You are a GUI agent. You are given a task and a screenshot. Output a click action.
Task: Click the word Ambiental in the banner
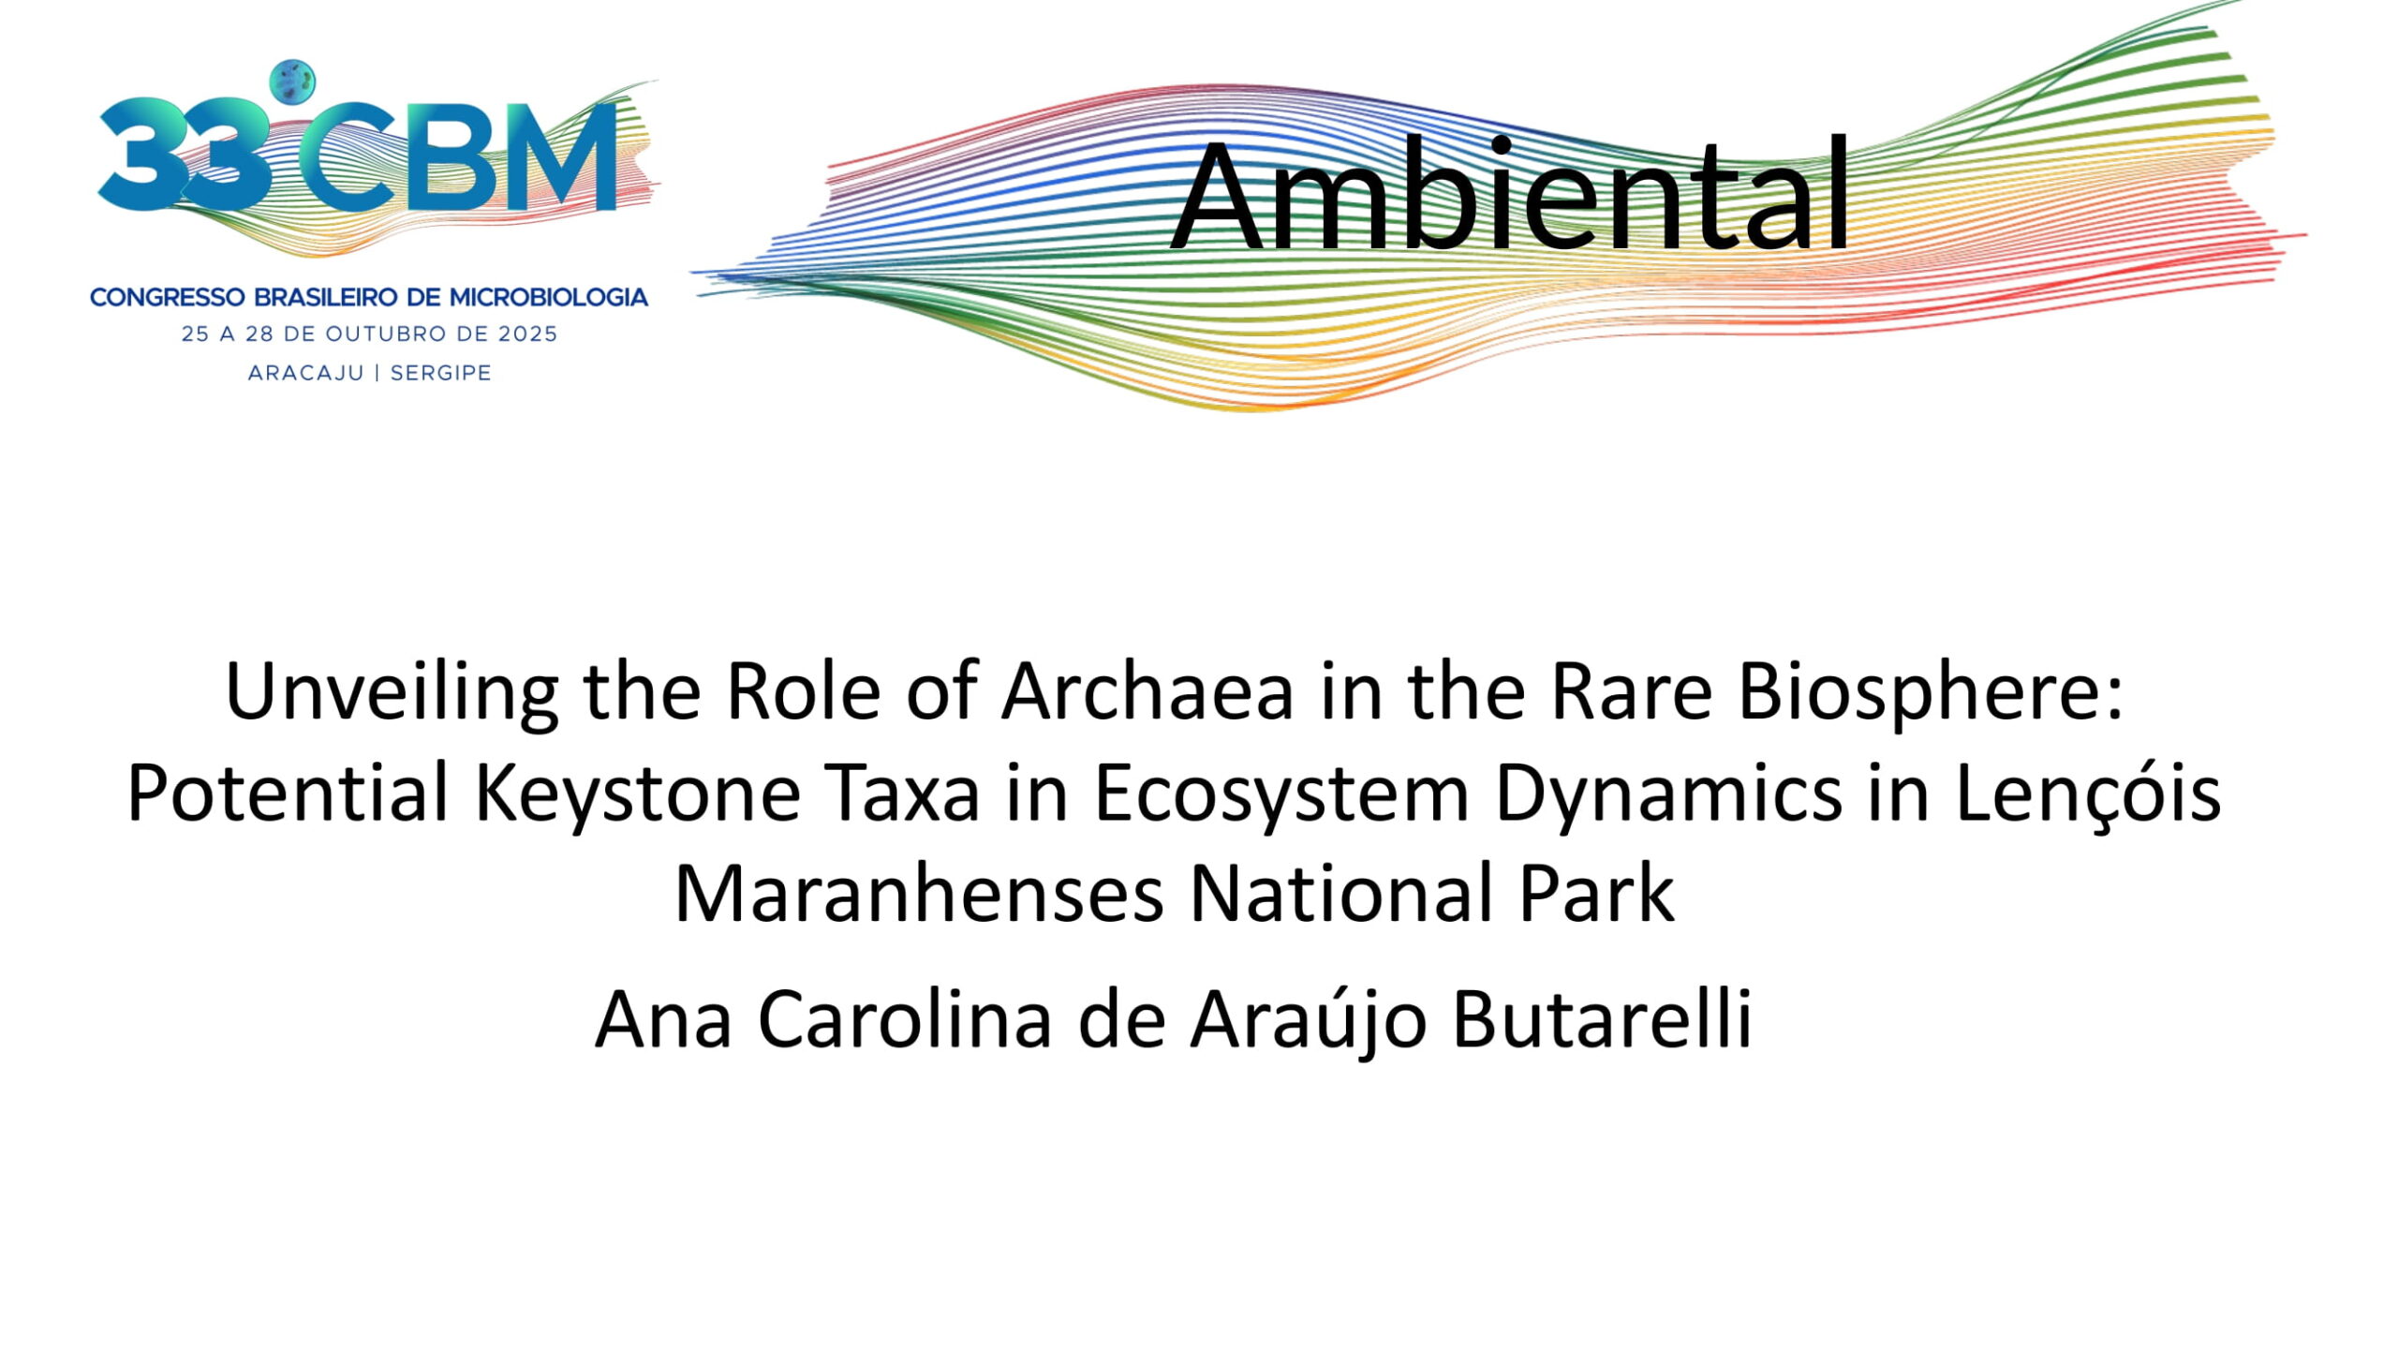tap(1510, 195)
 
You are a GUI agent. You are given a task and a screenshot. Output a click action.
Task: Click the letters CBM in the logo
tap(459, 155)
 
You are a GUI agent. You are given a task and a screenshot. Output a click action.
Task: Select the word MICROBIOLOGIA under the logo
tap(549, 298)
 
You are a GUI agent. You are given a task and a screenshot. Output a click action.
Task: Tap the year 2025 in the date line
tap(527, 334)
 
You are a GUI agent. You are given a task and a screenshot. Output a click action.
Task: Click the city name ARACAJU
tap(305, 373)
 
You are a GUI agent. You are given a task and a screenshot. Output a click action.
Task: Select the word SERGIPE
tap(440, 373)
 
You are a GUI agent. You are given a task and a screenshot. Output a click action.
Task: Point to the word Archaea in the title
tap(1148, 691)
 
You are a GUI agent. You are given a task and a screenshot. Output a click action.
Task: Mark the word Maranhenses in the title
tap(919, 895)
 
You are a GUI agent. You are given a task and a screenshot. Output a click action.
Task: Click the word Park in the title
tap(1596, 895)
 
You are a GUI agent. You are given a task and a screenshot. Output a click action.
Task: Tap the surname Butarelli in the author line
tap(1602, 1020)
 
